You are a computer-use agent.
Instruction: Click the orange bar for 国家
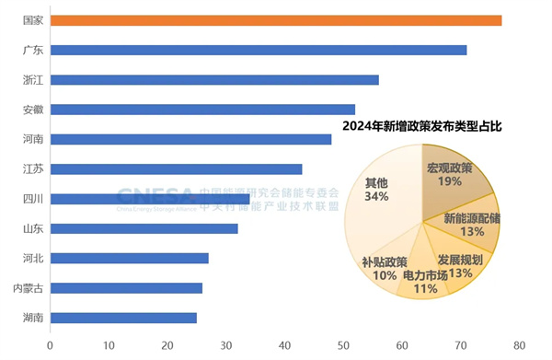pyautogui.click(x=276, y=20)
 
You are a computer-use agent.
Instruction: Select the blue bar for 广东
pyautogui.click(x=259, y=50)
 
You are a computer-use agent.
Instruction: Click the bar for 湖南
pyautogui.click(x=123, y=318)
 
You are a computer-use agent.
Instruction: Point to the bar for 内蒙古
pyautogui.click(x=126, y=288)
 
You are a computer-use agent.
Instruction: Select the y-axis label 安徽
pyautogui.click(x=33, y=110)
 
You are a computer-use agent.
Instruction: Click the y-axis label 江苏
pyautogui.click(x=33, y=168)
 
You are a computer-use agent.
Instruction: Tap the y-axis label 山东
pyautogui.click(x=33, y=228)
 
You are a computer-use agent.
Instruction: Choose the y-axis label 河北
pyautogui.click(x=33, y=258)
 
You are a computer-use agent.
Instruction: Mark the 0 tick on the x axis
pyautogui.click(x=50, y=346)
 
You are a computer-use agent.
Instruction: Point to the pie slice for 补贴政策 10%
pyautogui.click(x=386, y=267)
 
